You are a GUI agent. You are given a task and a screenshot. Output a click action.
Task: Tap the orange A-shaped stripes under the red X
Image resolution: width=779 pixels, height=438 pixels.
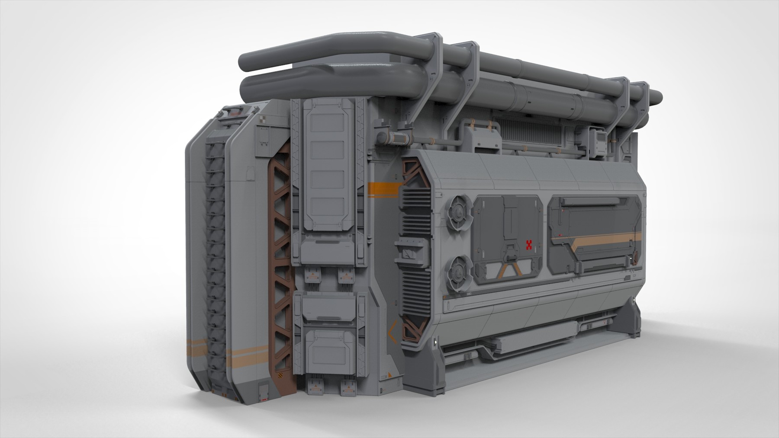tap(511, 271)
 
